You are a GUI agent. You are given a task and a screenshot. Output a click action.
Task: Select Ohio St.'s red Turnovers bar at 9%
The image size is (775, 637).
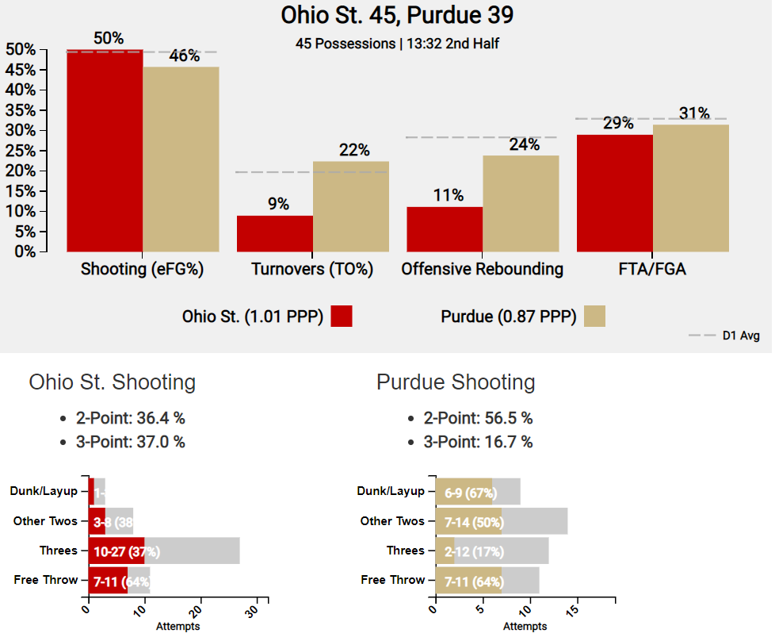click(x=274, y=233)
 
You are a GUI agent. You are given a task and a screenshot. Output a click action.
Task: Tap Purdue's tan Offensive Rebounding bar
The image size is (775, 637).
click(x=521, y=203)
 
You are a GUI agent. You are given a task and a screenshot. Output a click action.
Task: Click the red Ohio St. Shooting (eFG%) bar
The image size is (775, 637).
click(x=105, y=151)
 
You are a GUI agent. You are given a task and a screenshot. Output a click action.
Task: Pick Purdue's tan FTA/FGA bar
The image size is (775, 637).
click(x=690, y=188)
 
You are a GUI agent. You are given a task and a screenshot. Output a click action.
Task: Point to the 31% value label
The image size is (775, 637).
click(x=694, y=113)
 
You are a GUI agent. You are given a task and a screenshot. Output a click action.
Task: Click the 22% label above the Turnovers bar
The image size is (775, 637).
click(x=353, y=150)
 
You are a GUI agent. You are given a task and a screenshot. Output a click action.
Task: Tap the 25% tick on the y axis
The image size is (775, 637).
click(x=21, y=151)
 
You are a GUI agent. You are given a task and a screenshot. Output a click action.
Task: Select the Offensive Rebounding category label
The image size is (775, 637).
click(x=482, y=269)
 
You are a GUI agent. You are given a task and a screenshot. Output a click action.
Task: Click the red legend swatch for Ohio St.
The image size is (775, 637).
click(x=342, y=317)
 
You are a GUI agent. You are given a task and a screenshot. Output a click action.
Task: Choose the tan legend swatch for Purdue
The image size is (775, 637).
click(x=594, y=317)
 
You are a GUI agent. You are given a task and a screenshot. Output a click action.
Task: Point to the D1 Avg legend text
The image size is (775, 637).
click(x=741, y=336)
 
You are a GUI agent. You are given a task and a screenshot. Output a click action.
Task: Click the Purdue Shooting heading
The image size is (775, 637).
click(x=456, y=382)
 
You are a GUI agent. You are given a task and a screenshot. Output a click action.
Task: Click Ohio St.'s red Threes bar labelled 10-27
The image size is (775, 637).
click(x=116, y=551)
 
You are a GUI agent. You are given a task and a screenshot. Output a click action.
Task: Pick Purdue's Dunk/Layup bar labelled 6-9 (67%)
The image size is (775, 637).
click(x=464, y=492)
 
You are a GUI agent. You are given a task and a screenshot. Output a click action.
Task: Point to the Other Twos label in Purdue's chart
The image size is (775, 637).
click(x=392, y=521)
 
